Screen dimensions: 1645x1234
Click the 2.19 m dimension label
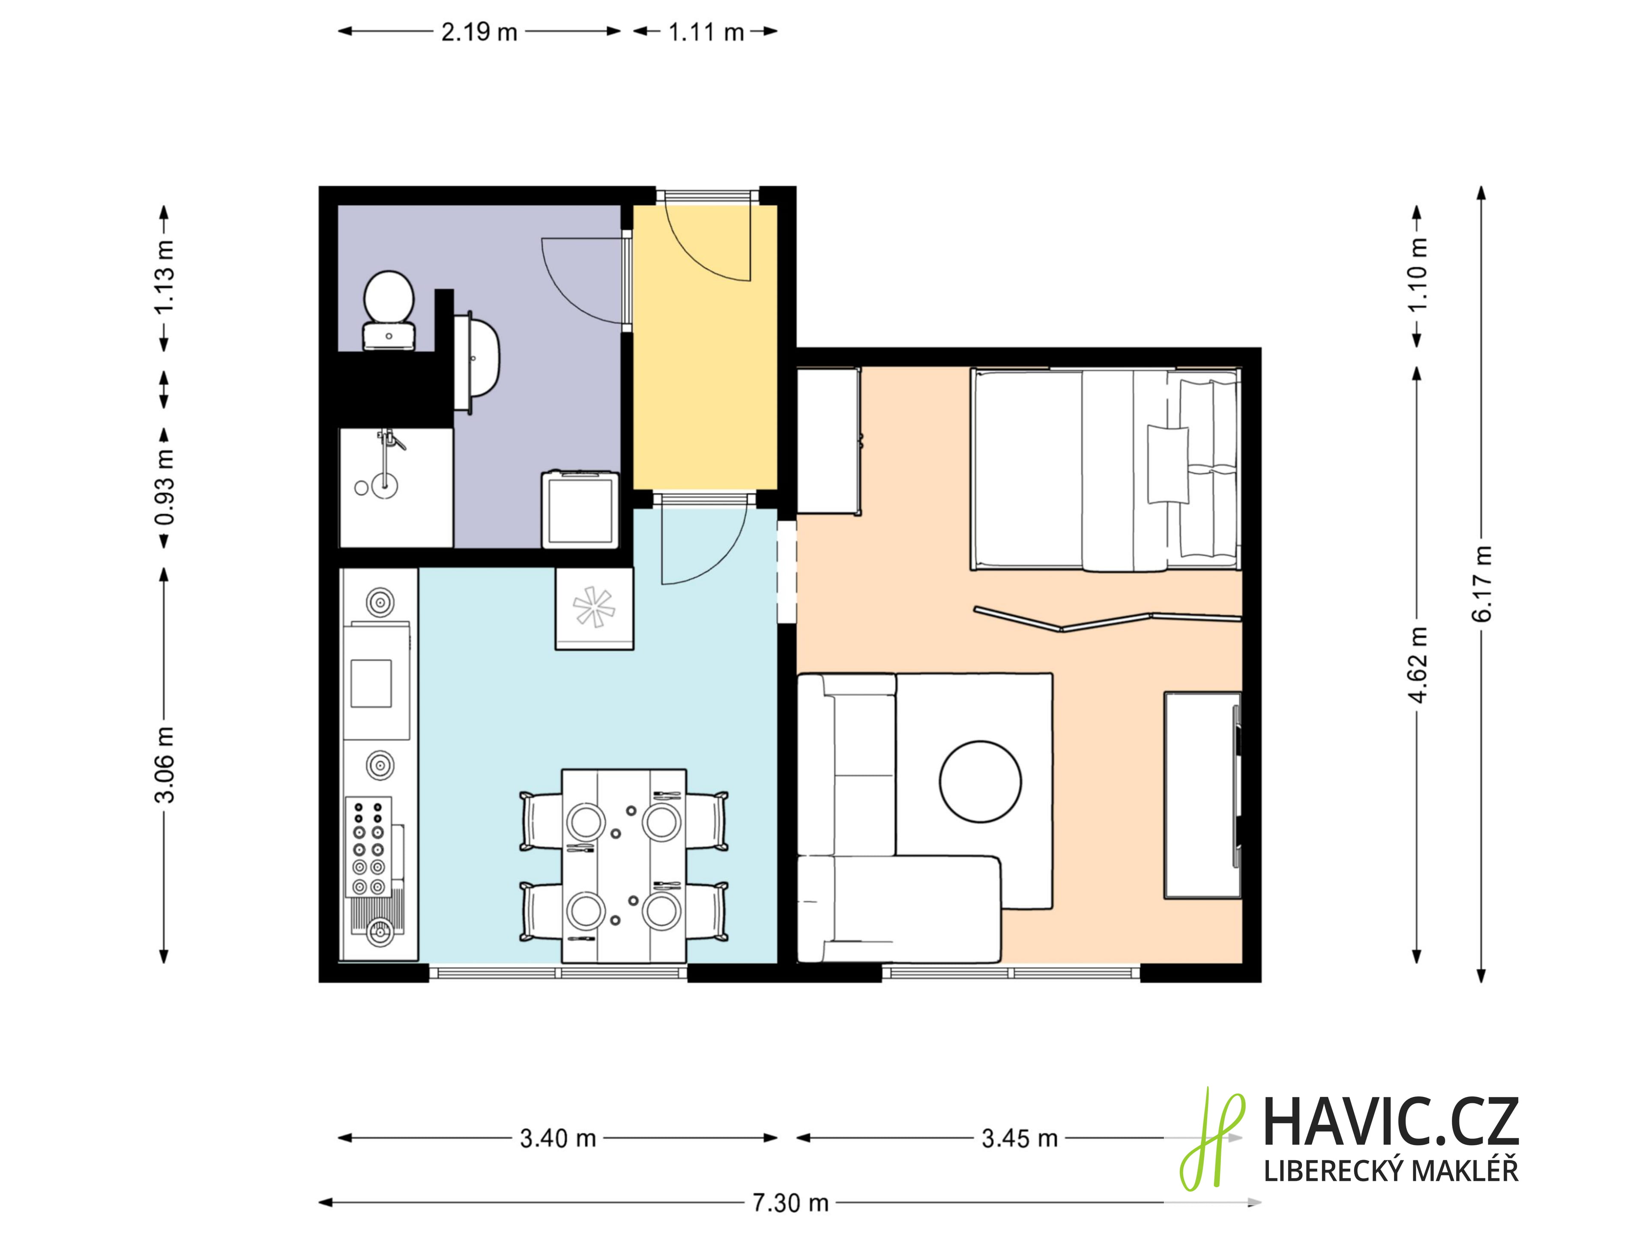point(479,32)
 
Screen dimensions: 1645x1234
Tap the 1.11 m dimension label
point(706,32)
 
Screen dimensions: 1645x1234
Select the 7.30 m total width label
point(790,1203)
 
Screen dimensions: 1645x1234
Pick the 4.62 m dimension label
point(1418,664)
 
